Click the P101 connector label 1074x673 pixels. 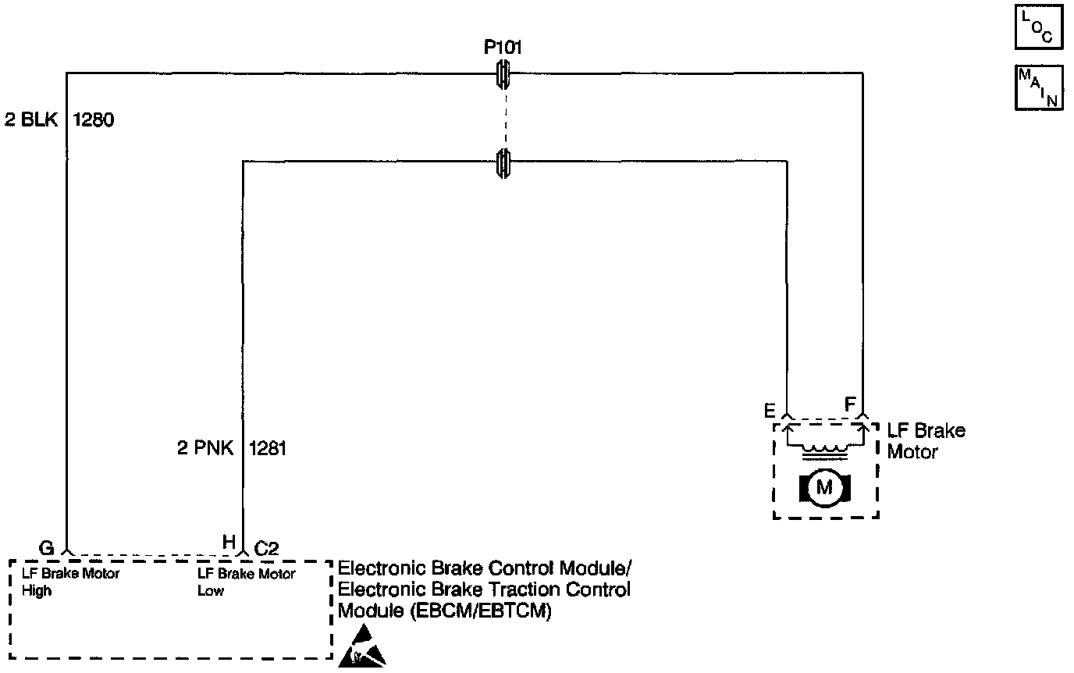point(503,48)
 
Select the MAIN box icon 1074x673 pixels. point(1038,87)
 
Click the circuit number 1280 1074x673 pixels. point(94,121)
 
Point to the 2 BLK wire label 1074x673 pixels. point(31,121)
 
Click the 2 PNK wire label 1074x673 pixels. point(205,449)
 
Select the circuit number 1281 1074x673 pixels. point(268,449)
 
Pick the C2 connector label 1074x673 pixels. point(268,548)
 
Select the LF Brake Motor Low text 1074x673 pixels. point(247,582)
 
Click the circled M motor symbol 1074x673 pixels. point(824,489)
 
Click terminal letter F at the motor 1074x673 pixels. point(850,404)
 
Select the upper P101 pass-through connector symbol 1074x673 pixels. point(504,74)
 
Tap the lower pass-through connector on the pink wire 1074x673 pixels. point(504,162)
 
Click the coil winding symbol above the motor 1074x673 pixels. point(824,448)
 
